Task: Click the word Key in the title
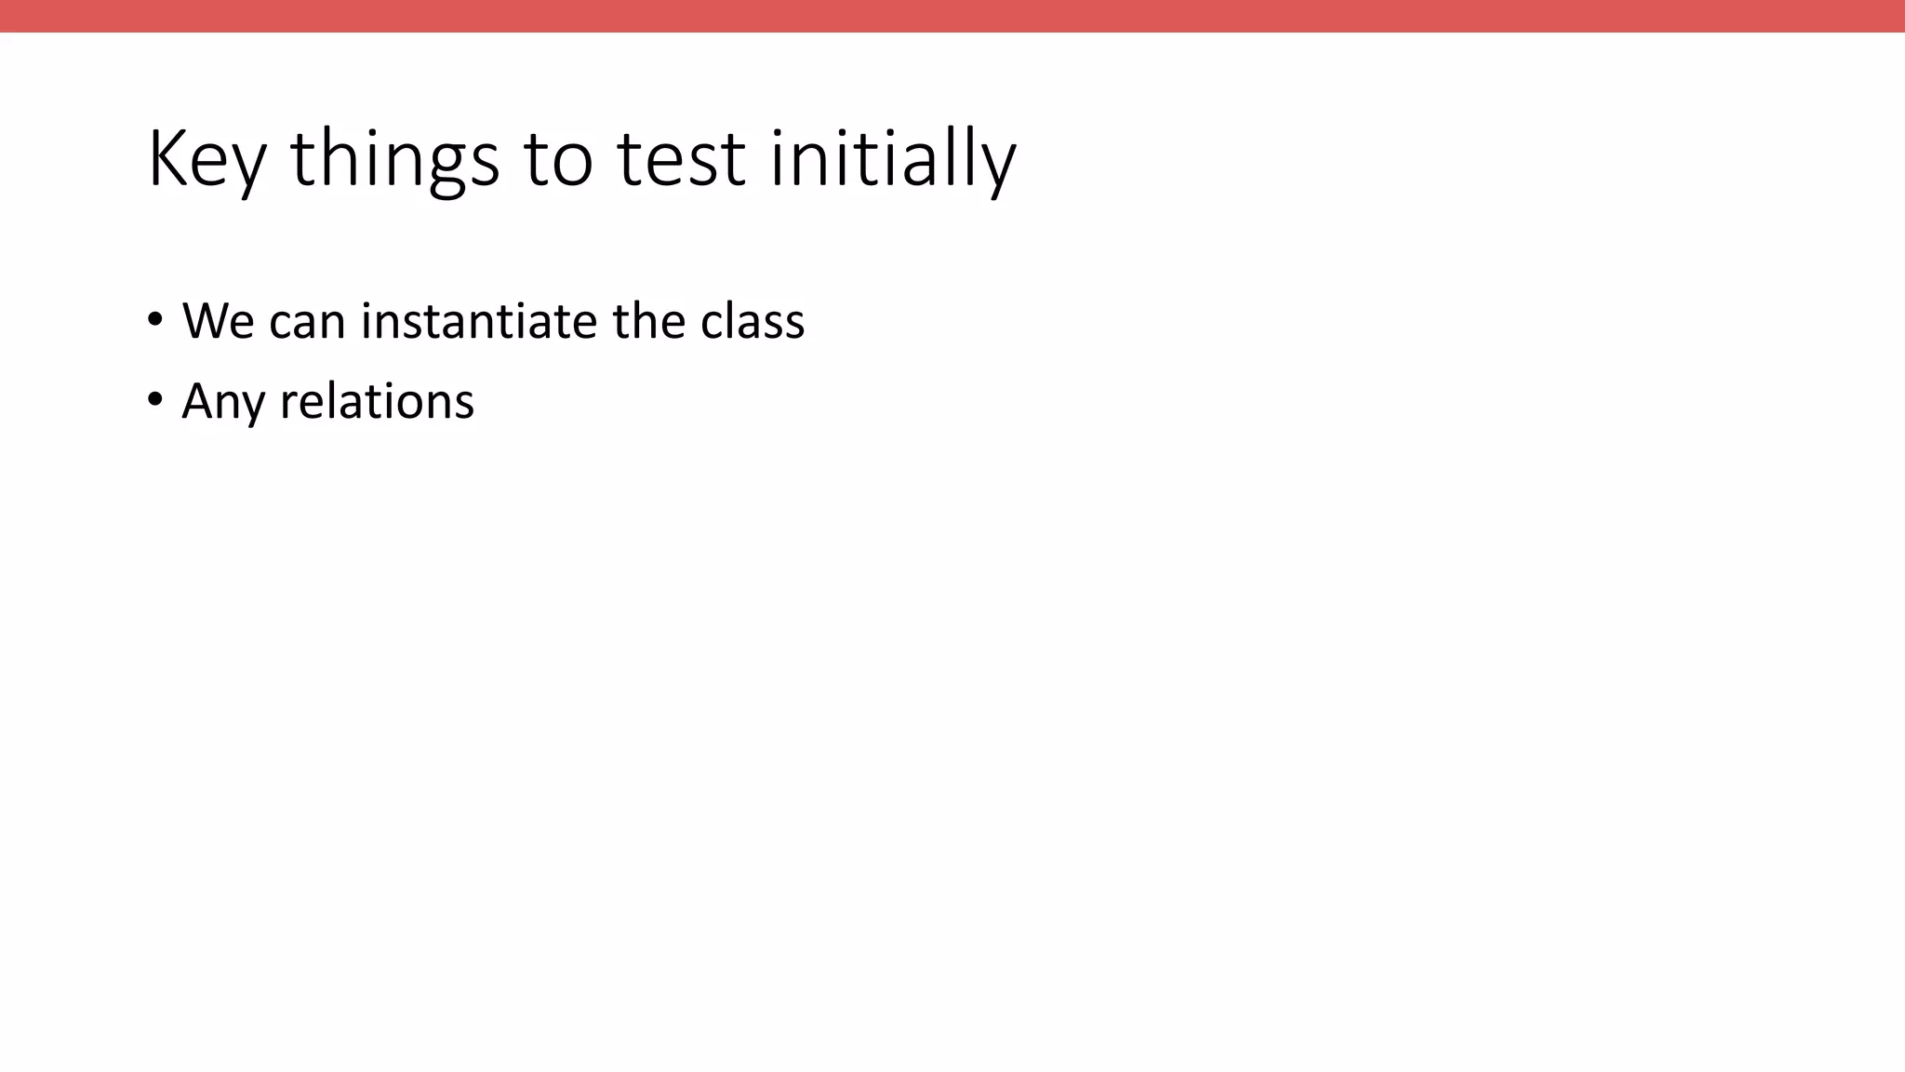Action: (206, 160)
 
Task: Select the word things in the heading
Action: (394, 160)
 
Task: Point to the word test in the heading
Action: (681, 160)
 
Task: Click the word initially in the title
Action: (893, 160)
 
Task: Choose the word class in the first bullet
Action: (753, 321)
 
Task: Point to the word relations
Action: (377, 402)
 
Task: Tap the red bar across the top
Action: (952, 16)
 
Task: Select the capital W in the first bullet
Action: (205, 321)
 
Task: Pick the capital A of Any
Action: (197, 400)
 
